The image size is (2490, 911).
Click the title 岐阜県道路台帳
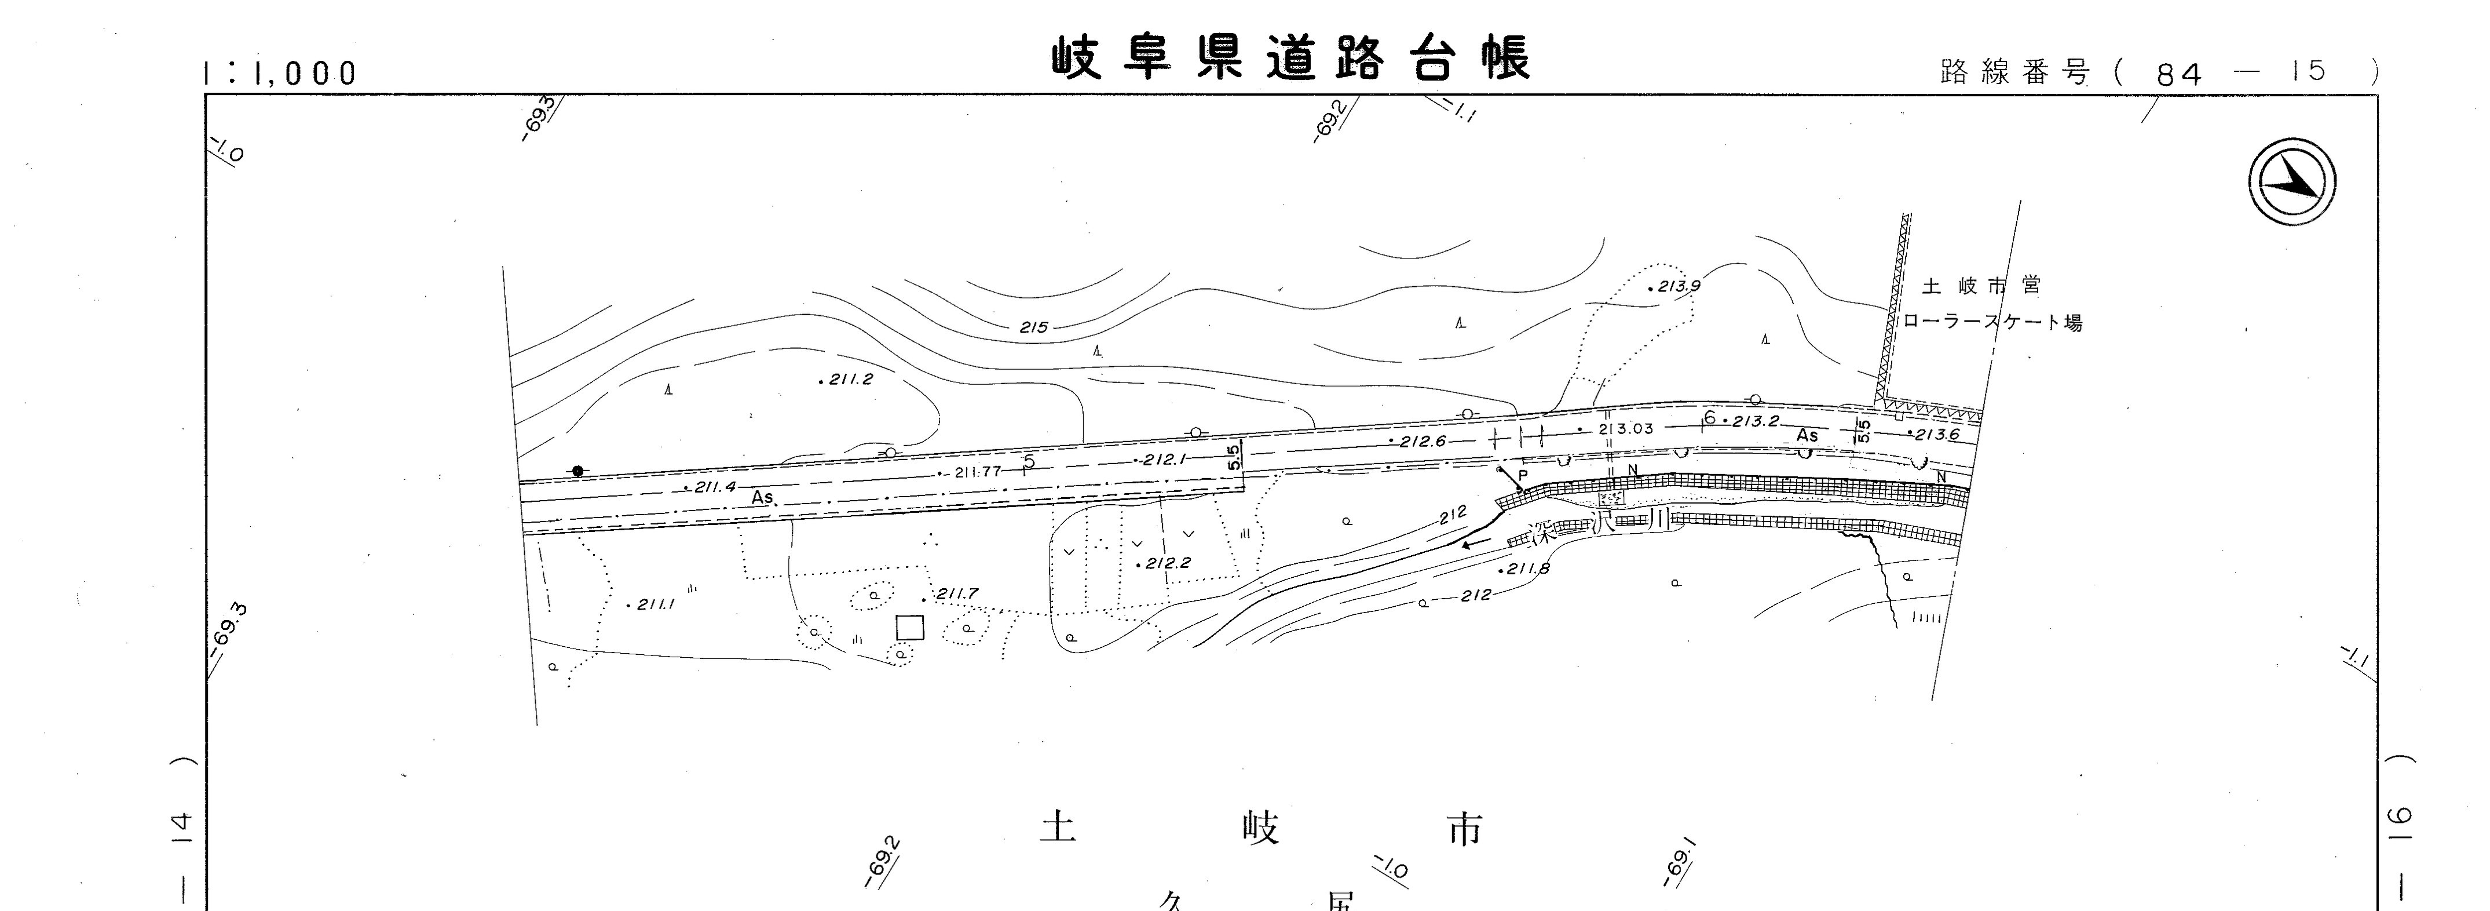pos(1290,58)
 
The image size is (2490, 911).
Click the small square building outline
pos(909,628)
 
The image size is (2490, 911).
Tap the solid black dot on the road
pos(578,471)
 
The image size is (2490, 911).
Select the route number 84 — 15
pos(2240,72)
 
